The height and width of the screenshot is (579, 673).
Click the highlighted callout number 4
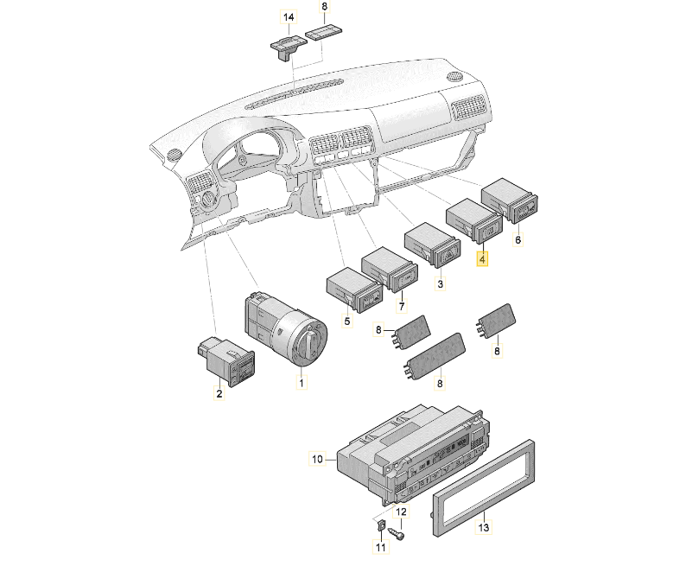(x=483, y=258)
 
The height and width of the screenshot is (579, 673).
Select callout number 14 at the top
(x=288, y=17)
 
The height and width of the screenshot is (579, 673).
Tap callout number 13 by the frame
(x=483, y=526)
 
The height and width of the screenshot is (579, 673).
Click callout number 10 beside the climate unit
(x=317, y=459)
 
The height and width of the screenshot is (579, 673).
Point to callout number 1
(x=302, y=382)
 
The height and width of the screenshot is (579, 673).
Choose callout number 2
(x=219, y=393)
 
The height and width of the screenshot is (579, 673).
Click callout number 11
(x=379, y=547)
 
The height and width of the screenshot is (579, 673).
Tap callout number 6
(x=518, y=240)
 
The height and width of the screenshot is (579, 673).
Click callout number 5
(x=347, y=321)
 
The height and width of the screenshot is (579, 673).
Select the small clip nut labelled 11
(x=379, y=525)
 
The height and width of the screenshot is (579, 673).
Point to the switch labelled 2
(x=227, y=358)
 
